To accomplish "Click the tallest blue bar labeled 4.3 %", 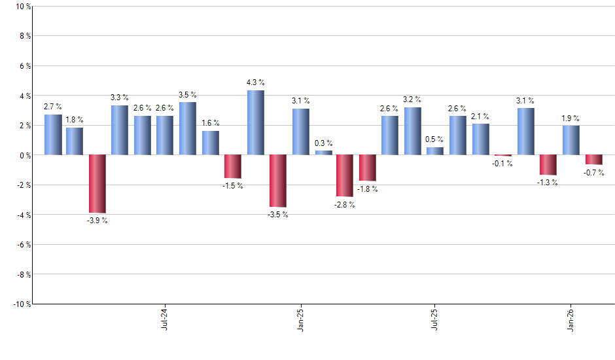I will pyautogui.click(x=255, y=122).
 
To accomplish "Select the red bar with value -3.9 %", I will pyautogui.click(x=97, y=184).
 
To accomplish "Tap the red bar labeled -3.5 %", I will pyautogui.click(x=278, y=181).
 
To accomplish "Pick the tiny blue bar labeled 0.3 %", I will pyautogui.click(x=323, y=153).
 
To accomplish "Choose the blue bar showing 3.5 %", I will pyautogui.click(x=188, y=128).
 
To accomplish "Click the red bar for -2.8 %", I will pyautogui.click(x=345, y=175).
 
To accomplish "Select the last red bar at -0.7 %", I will pyautogui.click(x=593, y=160).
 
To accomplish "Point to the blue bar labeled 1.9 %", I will pyautogui.click(x=571, y=140).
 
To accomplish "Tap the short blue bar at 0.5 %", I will pyautogui.click(x=435, y=151).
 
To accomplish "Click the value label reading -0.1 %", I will pyautogui.click(x=502, y=164).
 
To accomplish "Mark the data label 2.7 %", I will pyautogui.click(x=53, y=106).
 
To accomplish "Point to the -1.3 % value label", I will pyautogui.click(x=548, y=183).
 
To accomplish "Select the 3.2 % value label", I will pyautogui.click(x=413, y=99).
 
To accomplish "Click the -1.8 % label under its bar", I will pyautogui.click(x=368, y=189).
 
